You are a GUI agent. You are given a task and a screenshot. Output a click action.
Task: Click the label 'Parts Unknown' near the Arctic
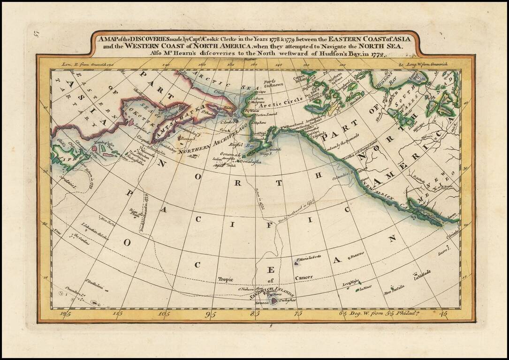pyautogui.click(x=273, y=83)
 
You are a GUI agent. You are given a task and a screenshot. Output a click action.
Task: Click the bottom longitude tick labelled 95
pyautogui.click(x=211, y=314)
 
